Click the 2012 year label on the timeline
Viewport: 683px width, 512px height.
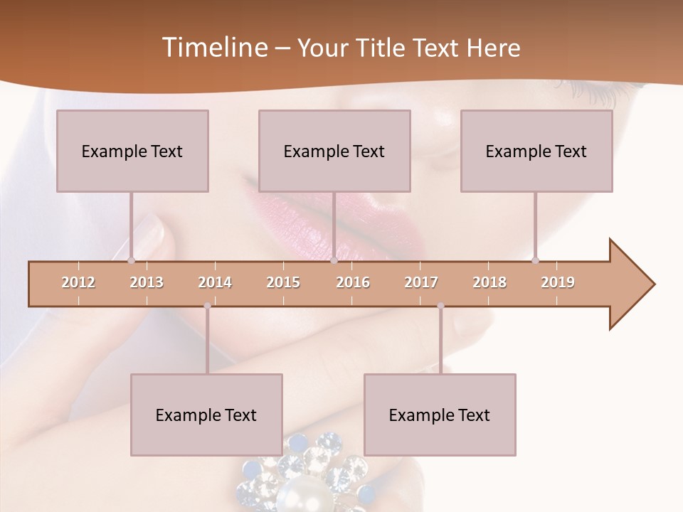78,282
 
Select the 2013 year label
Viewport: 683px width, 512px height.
147,282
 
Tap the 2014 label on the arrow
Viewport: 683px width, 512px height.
215,282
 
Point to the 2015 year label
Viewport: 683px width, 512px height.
283,282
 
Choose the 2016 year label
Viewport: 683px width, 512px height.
353,282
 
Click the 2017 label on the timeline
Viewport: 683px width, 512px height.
421,282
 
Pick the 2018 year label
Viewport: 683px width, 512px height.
489,282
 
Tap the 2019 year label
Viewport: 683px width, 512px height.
558,282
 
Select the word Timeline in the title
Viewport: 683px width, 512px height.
213,48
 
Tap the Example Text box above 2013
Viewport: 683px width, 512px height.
132,151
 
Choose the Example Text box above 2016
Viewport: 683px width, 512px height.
334,151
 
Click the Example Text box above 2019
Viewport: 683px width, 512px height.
536,151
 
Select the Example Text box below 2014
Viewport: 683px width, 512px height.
206,415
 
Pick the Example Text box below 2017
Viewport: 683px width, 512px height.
440,415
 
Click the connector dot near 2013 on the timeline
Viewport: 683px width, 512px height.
131,260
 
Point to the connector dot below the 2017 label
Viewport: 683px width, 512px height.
440,306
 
